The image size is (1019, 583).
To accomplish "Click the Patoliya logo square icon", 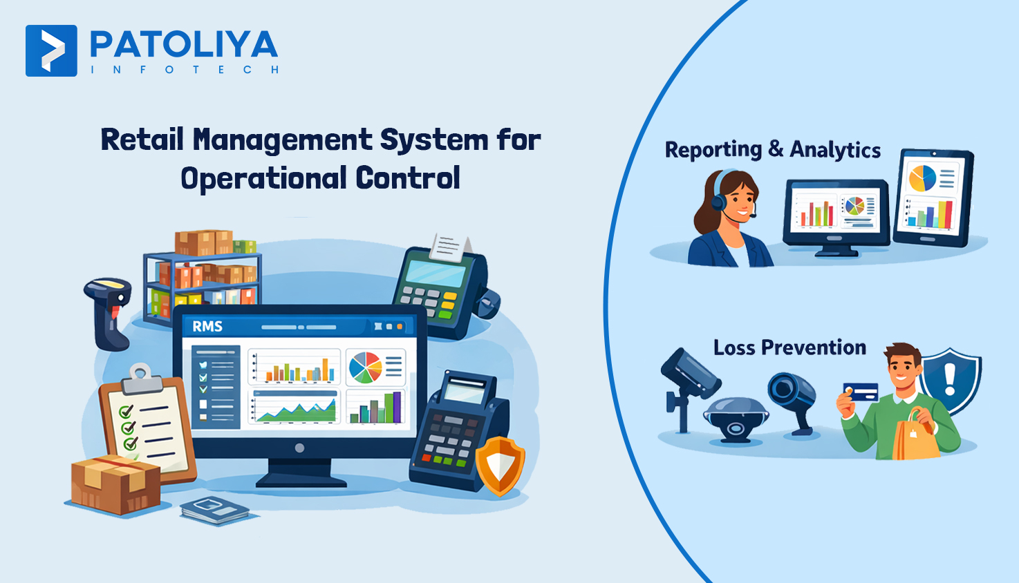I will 51,50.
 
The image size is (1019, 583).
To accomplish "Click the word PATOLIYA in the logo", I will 184,46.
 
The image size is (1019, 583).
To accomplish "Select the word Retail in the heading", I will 142,140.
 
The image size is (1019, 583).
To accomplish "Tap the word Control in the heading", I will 408,178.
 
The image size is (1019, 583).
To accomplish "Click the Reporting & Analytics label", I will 772,150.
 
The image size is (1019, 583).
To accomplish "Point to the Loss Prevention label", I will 789,347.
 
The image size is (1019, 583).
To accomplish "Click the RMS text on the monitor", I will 207,326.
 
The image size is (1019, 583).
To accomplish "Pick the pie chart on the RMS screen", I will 366,367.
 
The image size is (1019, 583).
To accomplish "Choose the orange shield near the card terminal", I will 501,465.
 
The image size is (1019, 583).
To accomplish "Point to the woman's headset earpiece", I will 720,202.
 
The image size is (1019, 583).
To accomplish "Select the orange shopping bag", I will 915,437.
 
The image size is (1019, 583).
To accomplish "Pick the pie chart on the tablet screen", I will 922,179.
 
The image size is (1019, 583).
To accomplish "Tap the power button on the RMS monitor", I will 299,448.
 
